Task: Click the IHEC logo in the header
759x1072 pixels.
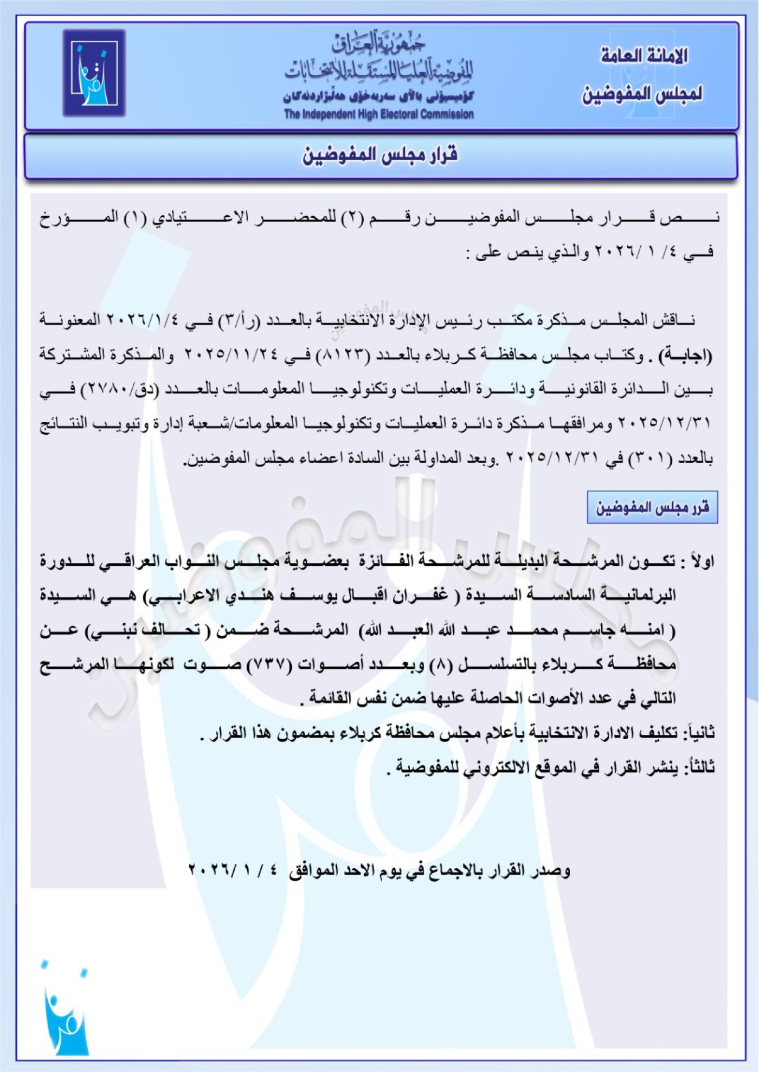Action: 94,73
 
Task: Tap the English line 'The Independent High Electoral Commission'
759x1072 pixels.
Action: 379,114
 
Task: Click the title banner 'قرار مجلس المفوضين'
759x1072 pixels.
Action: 380,155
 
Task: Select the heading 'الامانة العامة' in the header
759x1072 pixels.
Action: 644,55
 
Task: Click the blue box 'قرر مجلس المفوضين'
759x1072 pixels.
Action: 652,507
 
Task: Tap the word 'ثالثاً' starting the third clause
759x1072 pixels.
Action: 699,767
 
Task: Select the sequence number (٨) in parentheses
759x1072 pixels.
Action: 438,664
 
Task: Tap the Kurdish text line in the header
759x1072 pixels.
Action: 378,98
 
